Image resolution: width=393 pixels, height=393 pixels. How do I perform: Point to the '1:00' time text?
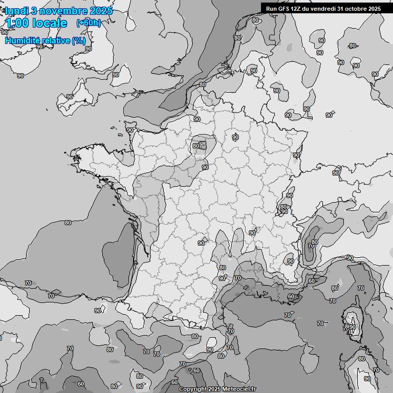17,23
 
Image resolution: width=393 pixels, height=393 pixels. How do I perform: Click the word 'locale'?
49,23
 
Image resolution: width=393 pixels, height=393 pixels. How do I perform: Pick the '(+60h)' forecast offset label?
89,23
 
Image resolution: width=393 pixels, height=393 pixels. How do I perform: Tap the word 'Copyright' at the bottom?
193,389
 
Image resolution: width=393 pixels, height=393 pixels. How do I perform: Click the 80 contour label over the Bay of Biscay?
68,223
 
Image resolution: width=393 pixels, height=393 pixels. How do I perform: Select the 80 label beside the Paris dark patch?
195,146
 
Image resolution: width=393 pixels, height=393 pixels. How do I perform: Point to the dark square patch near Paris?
203,145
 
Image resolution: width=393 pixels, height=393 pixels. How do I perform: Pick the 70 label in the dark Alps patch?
310,246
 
